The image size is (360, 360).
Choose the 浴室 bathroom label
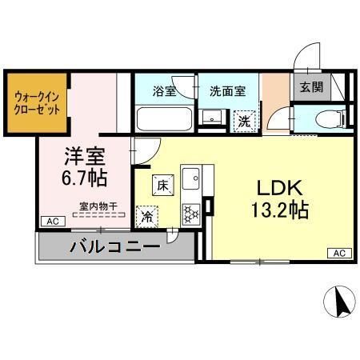[165, 90]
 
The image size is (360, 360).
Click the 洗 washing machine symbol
[244, 122]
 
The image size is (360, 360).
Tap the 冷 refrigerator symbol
[148, 215]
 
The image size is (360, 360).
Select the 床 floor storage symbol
[162, 186]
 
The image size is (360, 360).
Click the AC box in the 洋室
[51, 220]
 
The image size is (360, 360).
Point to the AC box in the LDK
[338, 253]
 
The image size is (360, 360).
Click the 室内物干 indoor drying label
[98, 206]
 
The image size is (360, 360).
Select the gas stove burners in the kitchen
[191, 212]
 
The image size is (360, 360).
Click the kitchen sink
[190, 177]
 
